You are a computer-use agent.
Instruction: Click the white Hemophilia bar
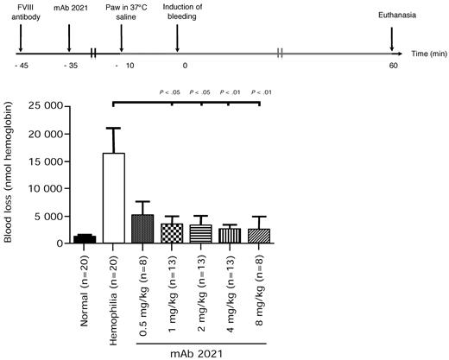(x=114, y=198)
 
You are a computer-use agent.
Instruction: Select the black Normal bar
(x=85, y=239)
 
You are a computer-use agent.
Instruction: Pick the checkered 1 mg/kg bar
(x=172, y=234)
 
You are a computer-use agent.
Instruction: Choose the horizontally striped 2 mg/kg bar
(x=201, y=234)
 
